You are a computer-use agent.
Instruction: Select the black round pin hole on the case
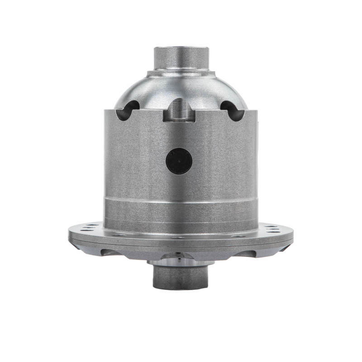[179, 161]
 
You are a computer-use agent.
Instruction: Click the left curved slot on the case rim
[127, 110]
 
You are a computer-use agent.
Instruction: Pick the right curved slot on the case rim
[233, 110]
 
